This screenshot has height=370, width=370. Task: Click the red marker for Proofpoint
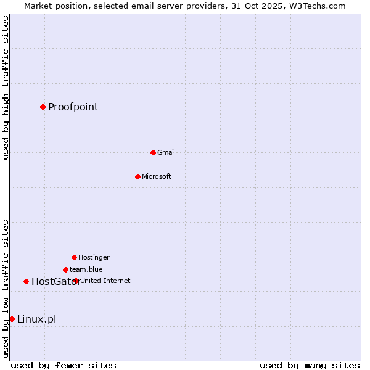coord(43,107)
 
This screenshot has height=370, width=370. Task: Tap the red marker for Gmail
coord(153,152)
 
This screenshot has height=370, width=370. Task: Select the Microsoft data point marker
coord(138,176)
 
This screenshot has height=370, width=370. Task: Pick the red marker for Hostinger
coord(74,257)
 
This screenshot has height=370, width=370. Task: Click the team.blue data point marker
coord(65,269)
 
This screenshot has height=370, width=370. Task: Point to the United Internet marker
coord(76,281)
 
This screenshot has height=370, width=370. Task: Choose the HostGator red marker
coord(26,281)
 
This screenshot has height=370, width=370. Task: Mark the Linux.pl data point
coord(12,319)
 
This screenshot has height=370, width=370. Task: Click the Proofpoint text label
coord(73,107)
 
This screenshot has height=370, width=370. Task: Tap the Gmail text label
coord(166,152)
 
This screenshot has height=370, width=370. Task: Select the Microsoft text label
coord(157,176)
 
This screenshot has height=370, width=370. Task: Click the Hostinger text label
coord(94,257)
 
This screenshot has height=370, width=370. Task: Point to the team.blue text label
coord(86,269)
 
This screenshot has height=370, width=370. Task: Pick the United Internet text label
coord(105,281)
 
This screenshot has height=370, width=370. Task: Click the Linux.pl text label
coord(36,319)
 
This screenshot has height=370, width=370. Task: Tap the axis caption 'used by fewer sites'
coord(64,365)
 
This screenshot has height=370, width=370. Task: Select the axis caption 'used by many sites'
coord(310,365)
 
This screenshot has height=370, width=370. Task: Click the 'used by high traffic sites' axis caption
coord(6,88)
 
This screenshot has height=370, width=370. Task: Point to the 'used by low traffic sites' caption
coord(6,289)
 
